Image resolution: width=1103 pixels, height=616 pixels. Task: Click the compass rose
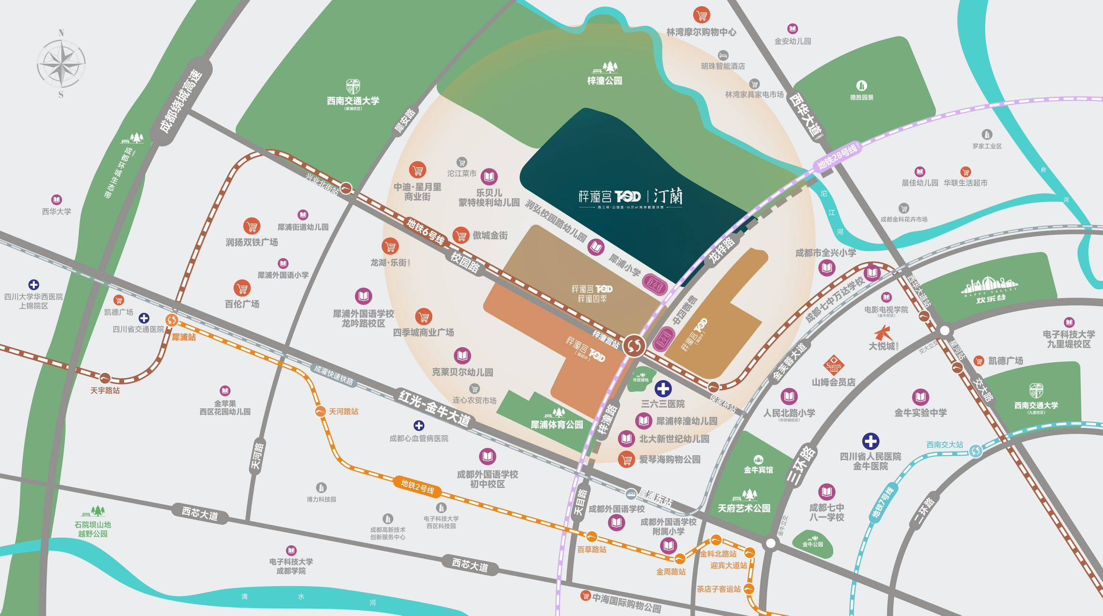tap(61, 64)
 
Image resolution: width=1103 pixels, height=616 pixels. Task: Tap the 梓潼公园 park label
tap(605, 81)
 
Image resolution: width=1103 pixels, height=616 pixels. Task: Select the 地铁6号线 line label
tap(425, 231)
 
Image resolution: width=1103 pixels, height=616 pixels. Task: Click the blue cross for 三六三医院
tap(663, 388)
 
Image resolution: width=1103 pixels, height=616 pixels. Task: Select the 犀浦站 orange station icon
tap(172, 320)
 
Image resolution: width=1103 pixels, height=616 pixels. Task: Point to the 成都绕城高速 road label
tap(181, 102)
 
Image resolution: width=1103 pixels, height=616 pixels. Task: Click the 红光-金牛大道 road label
tap(434, 408)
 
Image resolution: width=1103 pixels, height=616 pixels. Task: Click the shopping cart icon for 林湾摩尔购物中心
tap(702, 15)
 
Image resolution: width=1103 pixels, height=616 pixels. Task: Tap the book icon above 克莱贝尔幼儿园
tap(462, 356)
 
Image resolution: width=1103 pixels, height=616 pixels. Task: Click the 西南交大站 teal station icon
tap(975, 451)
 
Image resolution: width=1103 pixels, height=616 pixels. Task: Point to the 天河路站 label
tap(343, 411)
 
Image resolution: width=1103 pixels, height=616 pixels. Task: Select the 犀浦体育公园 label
tap(557, 424)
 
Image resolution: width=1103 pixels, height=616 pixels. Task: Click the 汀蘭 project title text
tap(668, 196)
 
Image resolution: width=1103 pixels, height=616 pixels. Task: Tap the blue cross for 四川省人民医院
tap(870, 441)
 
